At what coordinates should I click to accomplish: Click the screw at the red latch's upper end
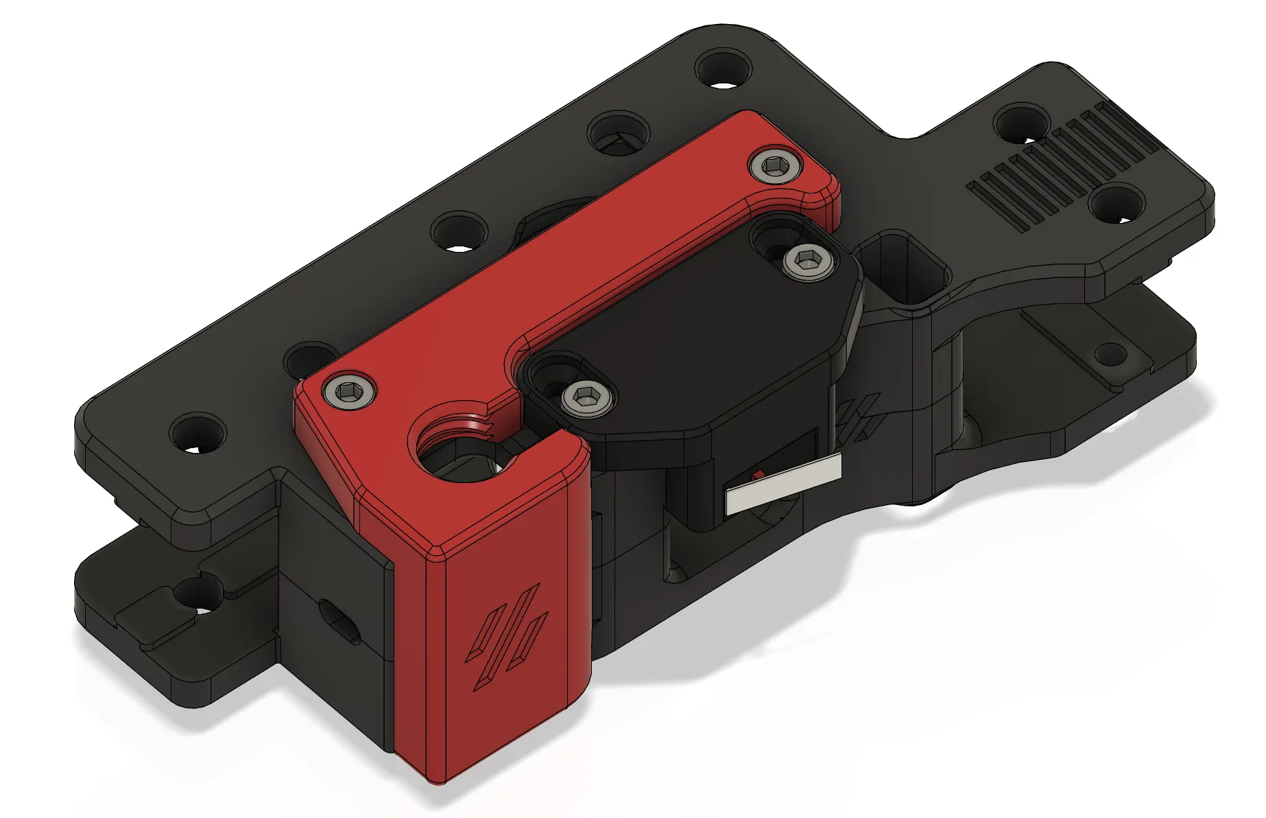(x=776, y=166)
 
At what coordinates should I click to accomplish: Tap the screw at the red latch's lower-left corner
(x=350, y=391)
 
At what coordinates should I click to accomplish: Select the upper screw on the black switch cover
(x=809, y=263)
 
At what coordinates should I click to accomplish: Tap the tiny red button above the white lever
(x=759, y=475)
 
